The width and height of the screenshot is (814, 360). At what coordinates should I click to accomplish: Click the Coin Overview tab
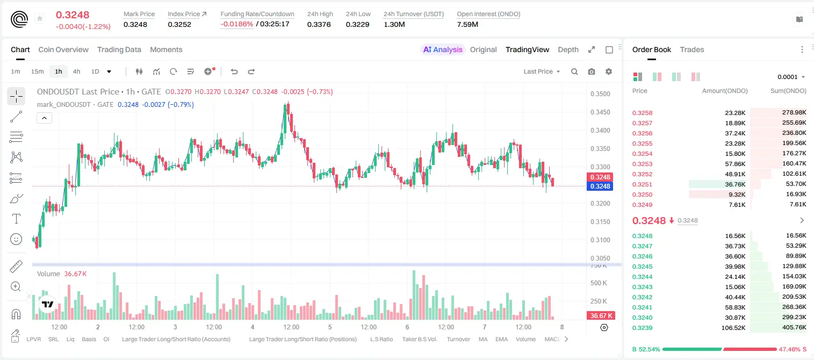tap(63, 49)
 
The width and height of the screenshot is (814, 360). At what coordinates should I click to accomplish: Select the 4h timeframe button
tap(76, 71)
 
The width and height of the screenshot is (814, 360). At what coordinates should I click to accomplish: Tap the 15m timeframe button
tap(37, 71)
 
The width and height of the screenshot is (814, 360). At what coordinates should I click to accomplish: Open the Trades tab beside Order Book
tap(692, 49)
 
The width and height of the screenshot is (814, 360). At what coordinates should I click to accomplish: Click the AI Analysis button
tap(443, 49)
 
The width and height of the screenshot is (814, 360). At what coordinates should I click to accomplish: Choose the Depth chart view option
tap(568, 49)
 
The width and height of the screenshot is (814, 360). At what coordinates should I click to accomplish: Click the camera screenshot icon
tap(592, 71)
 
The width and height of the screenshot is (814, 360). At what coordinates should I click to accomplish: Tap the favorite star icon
tap(40, 18)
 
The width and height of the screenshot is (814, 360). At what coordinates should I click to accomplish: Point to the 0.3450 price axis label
tap(600, 112)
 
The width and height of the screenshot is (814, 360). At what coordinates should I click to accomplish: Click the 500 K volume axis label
tap(599, 283)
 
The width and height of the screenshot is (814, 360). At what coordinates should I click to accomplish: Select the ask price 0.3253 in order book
tap(642, 164)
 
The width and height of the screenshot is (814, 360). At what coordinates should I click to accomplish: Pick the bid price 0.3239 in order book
tap(642, 328)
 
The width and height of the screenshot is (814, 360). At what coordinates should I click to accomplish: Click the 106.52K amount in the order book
tap(733, 328)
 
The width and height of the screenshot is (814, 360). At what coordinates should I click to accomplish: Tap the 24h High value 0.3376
tap(319, 24)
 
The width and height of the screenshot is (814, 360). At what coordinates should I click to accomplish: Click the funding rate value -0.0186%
tap(236, 24)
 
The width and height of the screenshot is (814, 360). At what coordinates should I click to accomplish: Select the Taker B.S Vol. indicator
tap(419, 339)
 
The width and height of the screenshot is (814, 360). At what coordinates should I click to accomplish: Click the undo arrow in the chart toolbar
tap(234, 71)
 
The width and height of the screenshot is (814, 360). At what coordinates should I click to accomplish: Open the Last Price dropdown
tap(542, 71)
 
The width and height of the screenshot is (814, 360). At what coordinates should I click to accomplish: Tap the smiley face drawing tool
tap(16, 239)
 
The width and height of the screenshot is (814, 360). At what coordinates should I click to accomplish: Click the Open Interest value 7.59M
tap(467, 24)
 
